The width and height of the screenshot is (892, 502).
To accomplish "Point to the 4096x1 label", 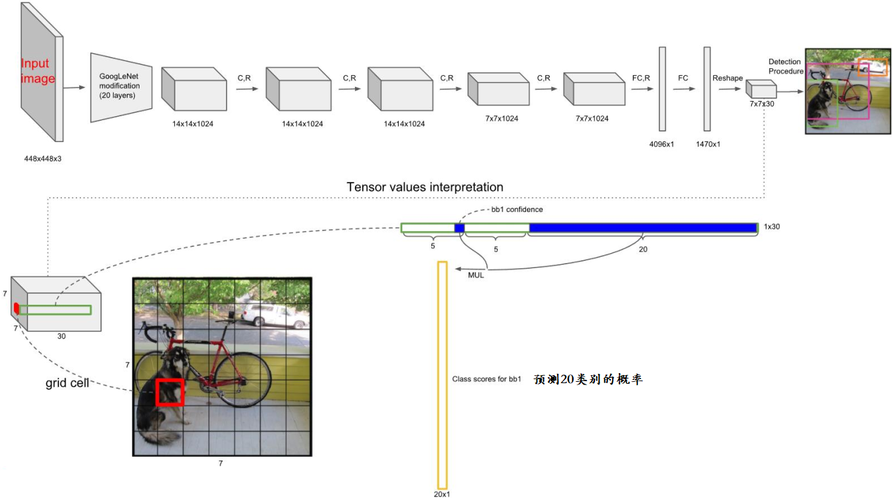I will (661, 144).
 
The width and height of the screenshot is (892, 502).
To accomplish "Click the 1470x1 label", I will (707, 144).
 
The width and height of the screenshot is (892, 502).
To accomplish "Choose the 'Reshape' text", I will (727, 78).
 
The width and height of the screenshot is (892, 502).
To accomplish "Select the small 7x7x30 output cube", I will (760, 89).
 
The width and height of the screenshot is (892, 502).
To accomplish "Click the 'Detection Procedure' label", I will (786, 66).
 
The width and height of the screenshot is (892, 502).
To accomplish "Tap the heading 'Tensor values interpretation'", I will (425, 187).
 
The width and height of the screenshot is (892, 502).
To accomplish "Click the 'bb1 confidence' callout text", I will (516, 210).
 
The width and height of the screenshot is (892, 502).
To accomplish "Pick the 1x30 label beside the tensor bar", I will (772, 227).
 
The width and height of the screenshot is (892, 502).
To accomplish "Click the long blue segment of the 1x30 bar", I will (643, 228).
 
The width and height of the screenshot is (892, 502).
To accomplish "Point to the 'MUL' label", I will (476, 275).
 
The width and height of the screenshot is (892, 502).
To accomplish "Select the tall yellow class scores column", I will (442, 375).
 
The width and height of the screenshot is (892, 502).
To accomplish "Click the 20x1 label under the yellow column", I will (442, 495).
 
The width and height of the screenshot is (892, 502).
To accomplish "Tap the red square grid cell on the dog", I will (169, 392).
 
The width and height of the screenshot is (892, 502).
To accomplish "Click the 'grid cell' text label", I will (67, 383).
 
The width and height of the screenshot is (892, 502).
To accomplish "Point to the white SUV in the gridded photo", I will (266, 314).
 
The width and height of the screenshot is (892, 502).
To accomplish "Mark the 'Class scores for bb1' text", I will (486, 380).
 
